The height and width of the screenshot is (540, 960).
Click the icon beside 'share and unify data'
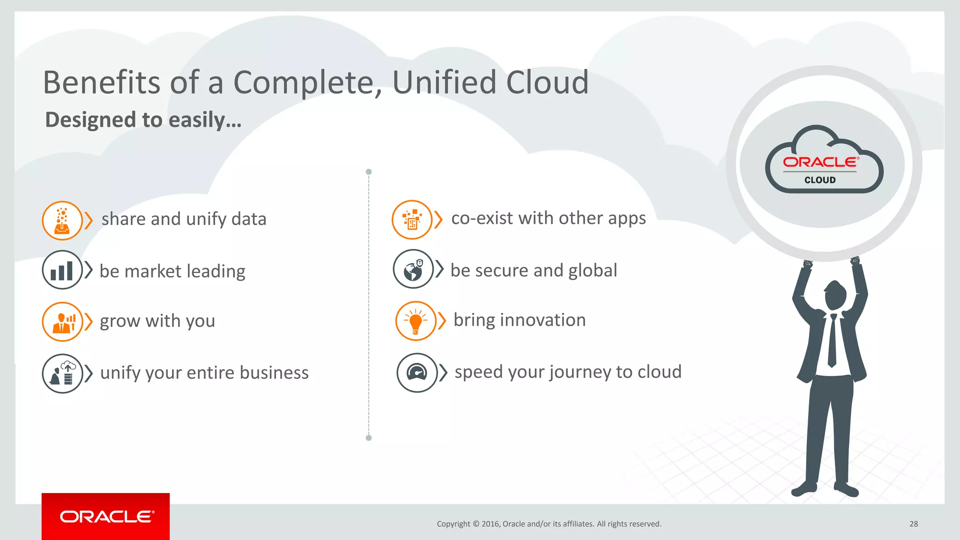tap(62, 220)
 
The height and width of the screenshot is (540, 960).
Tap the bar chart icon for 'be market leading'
tap(62, 270)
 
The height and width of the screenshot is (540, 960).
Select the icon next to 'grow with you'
tap(62, 322)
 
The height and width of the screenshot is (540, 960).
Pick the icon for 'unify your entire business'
tap(62, 374)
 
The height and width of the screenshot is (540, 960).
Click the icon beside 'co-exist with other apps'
tap(412, 219)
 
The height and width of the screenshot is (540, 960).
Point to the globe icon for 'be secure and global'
tap(413, 269)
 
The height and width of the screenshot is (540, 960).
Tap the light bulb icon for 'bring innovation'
tap(416, 321)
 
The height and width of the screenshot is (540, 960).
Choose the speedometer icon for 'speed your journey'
tap(417, 373)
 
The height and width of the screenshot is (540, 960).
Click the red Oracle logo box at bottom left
tap(105, 516)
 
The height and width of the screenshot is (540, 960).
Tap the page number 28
tap(914, 524)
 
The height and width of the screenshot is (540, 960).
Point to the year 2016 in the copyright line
tap(490, 524)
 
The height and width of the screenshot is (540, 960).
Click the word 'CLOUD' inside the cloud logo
tap(820, 180)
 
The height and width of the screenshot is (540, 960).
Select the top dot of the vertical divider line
tap(369, 172)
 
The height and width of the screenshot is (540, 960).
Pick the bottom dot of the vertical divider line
tap(369, 438)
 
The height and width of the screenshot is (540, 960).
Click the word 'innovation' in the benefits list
tap(543, 320)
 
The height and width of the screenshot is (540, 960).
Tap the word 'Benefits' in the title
tap(102, 82)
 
